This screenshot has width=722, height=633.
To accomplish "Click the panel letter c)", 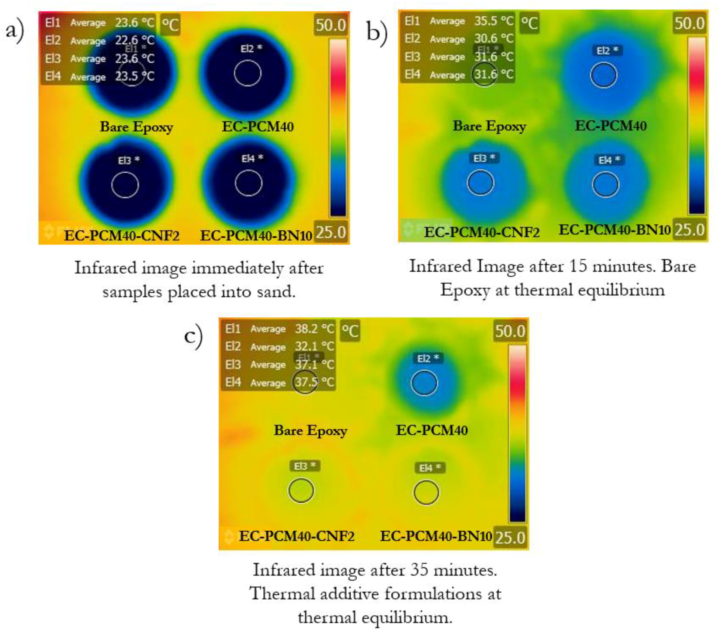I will (x=194, y=336).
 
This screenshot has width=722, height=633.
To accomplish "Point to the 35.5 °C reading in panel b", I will (x=494, y=21).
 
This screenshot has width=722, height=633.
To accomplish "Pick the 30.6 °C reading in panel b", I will (x=494, y=39).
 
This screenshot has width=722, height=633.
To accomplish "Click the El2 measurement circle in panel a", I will (x=247, y=73).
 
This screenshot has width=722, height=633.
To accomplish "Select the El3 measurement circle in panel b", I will (x=480, y=183).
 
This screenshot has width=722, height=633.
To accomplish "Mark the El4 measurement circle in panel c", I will (x=426, y=492).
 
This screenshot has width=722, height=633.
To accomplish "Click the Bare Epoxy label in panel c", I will (x=310, y=430).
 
